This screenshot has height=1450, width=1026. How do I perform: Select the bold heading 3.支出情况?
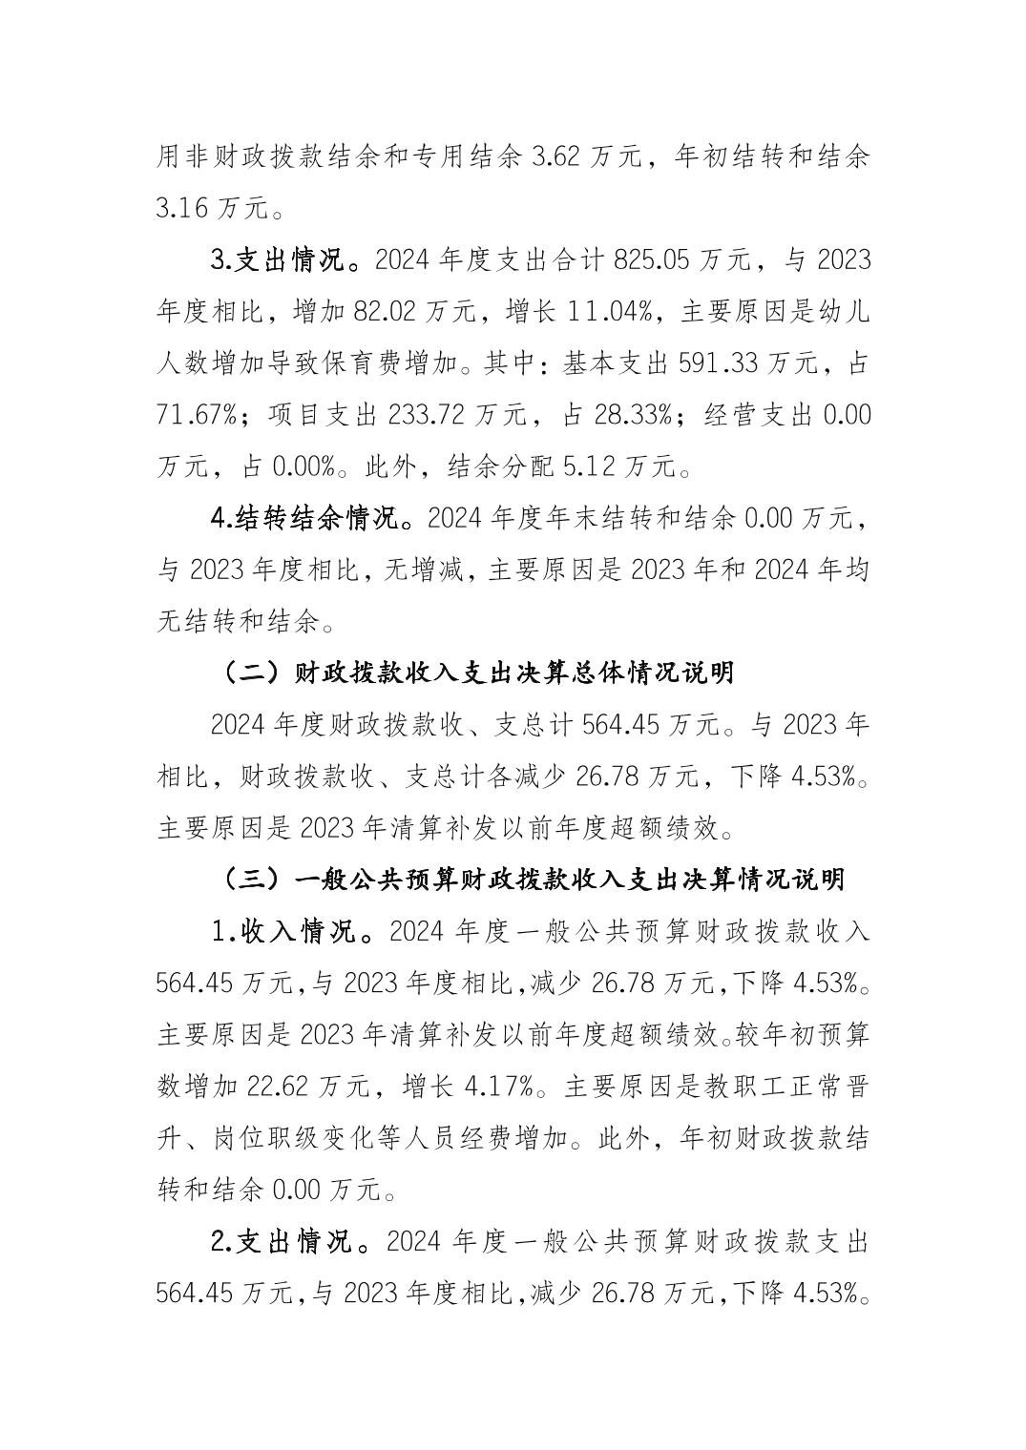click(284, 259)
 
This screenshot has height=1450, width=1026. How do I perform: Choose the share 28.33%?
click(635, 415)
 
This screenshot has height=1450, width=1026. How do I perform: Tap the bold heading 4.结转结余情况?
click(310, 519)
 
